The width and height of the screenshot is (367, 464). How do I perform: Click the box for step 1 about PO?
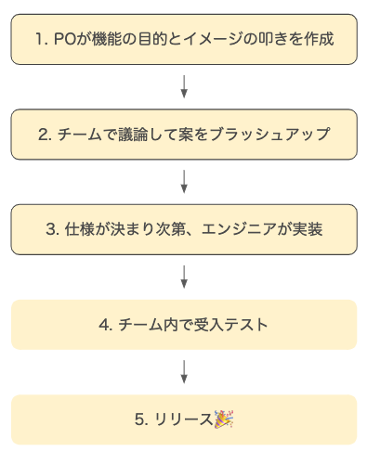click(x=183, y=39)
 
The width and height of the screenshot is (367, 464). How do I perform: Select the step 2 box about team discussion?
click(x=183, y=134)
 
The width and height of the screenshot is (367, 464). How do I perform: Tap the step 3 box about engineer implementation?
click(x=183, y=229)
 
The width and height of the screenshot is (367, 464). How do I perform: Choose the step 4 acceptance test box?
click(x=183, y=325)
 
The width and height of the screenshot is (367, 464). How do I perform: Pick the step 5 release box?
click(x=183, y=419)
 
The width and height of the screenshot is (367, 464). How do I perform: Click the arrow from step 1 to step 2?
click(x=184, y=86)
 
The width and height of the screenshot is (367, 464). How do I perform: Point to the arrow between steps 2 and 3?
click(x=184, y=182)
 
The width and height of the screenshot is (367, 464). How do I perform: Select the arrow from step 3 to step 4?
click(x=184, y=277)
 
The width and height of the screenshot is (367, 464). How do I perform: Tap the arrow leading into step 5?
click(x=184, y=372)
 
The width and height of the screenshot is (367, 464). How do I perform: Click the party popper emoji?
click(x=224, y=419)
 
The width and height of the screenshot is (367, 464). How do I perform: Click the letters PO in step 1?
click(x=63, y=40)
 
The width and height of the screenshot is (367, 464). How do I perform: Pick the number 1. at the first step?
click(x=40, y=40)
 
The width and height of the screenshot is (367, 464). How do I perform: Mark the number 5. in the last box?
click(x=141, y=420)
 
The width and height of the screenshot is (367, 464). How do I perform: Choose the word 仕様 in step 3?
click(x=79, y=229)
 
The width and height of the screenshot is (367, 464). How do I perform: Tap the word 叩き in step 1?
click(x=263, y=40)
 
